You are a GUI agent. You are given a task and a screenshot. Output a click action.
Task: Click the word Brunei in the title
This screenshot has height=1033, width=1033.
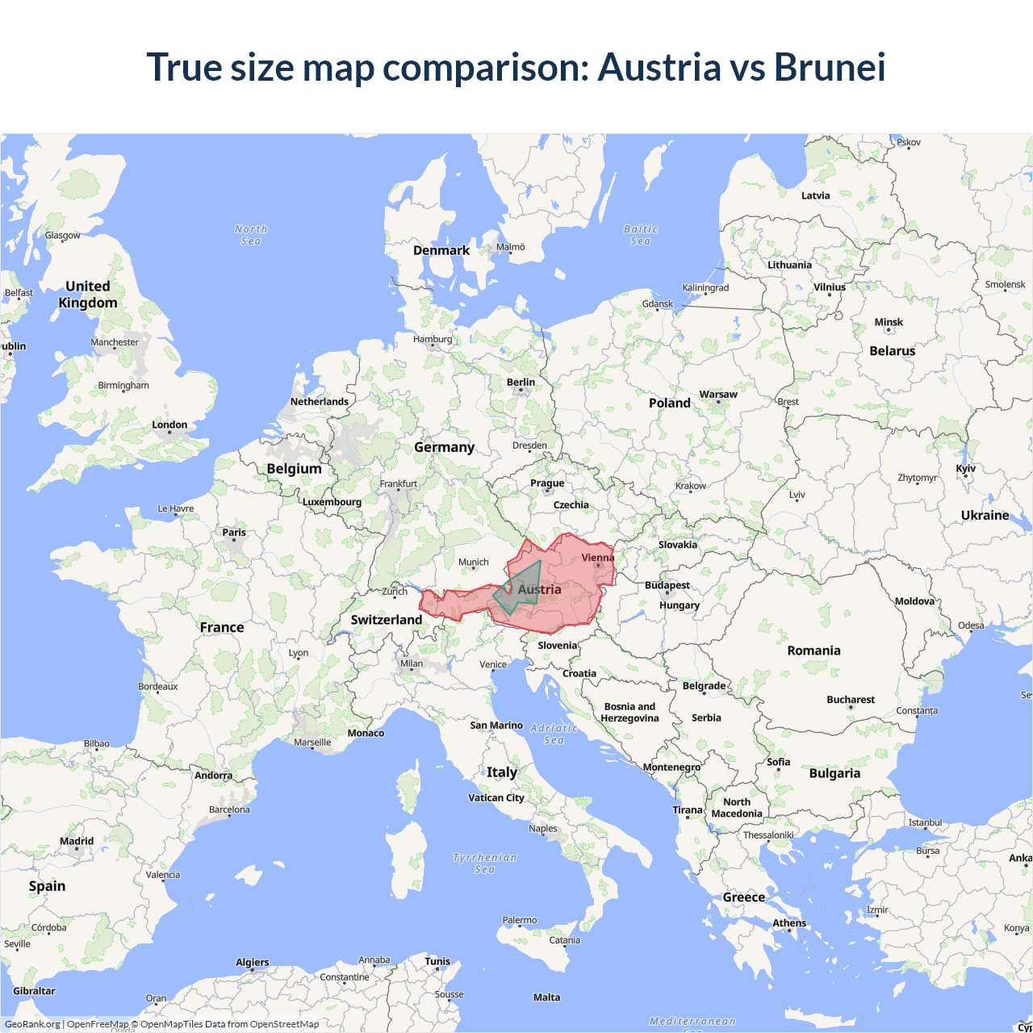830,67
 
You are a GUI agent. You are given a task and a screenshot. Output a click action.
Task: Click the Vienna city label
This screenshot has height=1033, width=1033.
597,558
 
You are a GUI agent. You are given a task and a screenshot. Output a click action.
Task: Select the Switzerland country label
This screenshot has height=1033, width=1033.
387,620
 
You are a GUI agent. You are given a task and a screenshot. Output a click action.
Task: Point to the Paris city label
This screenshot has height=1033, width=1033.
234,533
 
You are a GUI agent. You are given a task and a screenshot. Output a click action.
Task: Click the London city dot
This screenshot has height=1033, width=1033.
169,433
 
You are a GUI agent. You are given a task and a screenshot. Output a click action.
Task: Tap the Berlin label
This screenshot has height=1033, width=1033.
521,383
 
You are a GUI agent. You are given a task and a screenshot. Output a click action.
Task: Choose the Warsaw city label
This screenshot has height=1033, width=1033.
718,395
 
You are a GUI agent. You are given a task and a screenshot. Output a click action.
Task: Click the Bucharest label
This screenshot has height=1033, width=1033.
851,700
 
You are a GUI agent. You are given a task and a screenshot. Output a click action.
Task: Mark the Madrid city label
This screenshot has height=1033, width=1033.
77,841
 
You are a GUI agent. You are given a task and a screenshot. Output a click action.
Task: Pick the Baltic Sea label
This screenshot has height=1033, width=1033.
641,235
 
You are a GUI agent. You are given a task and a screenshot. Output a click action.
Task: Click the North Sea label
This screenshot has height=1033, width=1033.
251,235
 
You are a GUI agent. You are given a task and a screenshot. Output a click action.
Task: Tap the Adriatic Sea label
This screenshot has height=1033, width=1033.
554,734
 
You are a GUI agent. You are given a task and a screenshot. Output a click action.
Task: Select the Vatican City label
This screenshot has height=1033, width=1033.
496,798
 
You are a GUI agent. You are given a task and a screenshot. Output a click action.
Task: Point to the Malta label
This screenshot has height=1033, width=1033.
546,997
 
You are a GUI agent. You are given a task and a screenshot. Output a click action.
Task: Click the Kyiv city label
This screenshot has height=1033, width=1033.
966,469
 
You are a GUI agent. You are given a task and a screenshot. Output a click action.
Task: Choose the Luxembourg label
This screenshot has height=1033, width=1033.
332,502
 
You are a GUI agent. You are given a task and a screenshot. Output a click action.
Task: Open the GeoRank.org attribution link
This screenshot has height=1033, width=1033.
32,1024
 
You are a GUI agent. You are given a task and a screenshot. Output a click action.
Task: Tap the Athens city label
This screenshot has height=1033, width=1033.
789,923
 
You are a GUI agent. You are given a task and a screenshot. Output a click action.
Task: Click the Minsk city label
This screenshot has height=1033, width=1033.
889,322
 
